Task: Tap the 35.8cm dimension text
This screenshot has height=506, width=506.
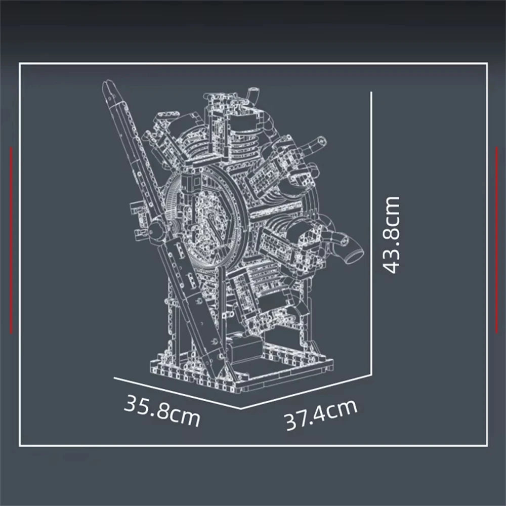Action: (x=162, y=410)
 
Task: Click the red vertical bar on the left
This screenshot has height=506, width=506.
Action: (x=11, y=240)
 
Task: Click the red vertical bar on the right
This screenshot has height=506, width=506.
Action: (x=495, y=240)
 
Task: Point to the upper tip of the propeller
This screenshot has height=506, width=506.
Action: (x=107, y=85)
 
